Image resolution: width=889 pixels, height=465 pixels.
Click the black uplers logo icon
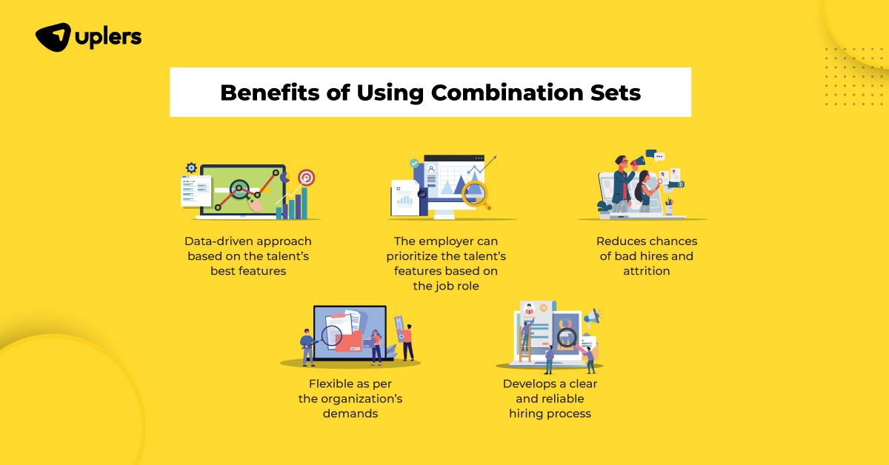coord(53,37)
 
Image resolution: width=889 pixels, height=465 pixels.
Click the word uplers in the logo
coord(108,38)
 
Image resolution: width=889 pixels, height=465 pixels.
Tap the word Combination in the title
coord(507,93)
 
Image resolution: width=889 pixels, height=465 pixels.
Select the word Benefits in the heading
coord(270,93)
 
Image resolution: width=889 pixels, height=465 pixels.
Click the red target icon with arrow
coord(306,178)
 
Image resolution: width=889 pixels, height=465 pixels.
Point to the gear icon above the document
coord(191,167)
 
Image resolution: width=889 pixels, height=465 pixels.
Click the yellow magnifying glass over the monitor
coord(476,195)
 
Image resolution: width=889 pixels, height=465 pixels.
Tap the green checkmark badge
coord(414,163)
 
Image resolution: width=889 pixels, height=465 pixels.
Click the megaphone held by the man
coord(638,162)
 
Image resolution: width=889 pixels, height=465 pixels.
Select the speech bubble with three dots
coord(659,157)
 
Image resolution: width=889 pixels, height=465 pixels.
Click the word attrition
coord(647,271)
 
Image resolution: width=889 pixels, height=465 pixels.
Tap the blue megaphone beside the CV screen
coord(593,318)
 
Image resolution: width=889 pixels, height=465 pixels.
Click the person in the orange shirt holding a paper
coord(407,342)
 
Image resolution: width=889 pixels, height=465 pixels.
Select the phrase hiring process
coord(550,414)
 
